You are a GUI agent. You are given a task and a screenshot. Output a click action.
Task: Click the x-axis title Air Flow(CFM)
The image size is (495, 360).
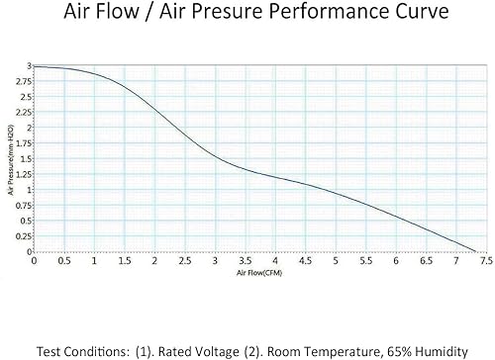256,271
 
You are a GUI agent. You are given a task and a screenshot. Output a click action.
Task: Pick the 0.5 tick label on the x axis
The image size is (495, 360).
64,260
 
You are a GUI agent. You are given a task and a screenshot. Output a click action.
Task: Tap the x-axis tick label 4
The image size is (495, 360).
276,260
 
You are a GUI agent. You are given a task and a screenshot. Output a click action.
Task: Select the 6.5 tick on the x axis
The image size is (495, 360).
427,260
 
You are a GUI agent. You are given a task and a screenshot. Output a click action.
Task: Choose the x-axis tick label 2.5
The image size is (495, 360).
185,260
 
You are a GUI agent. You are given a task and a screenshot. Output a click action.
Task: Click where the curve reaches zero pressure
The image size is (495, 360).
476,251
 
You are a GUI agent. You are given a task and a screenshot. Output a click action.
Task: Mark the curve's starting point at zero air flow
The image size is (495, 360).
35,66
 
